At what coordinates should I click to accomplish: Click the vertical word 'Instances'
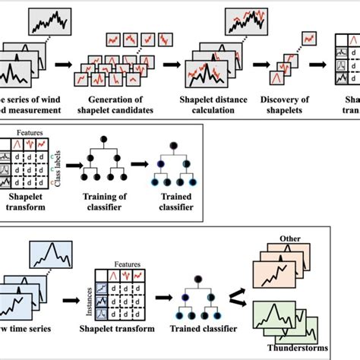(x=87, y=300)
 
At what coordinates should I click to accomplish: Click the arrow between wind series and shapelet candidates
(x=69, y=68)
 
